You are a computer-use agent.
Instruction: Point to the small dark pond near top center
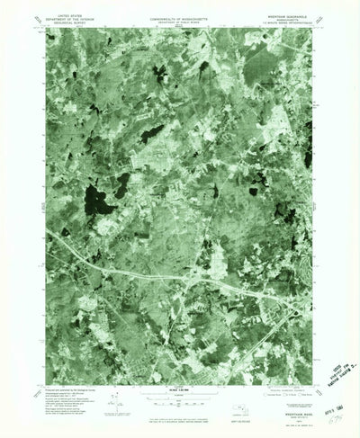pos(204,67)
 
